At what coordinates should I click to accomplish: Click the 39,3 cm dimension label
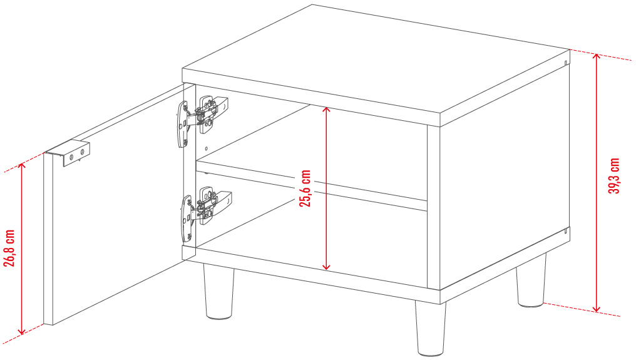point(614,176)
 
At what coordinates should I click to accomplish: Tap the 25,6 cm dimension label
point(305,188)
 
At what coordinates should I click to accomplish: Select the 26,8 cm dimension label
point(9,248)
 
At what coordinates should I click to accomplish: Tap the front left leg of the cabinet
point(218,291)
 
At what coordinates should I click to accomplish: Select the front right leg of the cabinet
point(430,327)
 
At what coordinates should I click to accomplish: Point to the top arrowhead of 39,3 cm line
point(596,57)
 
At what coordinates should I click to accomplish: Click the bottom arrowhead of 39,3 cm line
point(596,309)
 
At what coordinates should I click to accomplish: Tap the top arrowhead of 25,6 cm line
point(326,110)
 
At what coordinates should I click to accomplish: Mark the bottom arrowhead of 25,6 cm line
point(326,266)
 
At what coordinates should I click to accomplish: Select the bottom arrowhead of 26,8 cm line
point(22,331)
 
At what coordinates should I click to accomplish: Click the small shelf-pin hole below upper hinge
point(207,149)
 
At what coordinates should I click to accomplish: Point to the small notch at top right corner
point(565,63)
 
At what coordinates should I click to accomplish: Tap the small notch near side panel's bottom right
point(565,232)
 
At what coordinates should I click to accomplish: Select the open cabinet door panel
point(113,205)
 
